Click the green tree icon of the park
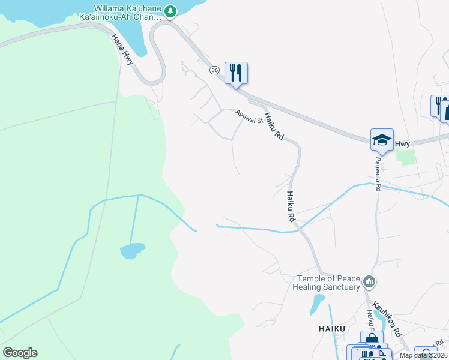point(171,11)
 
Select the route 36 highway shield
point(214,70)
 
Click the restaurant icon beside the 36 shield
point(236,73)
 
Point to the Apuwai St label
point(249,118)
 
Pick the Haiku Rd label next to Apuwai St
point(274,127)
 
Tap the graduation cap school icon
point(382,140)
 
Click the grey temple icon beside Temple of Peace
point(369,281)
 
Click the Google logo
point(20,353)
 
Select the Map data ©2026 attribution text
point(424,355)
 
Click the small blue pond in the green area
point(132,250)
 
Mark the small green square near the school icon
point(406,157)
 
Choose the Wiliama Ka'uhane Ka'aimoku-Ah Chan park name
point(125,13)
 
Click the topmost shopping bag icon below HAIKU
point(372,340)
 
